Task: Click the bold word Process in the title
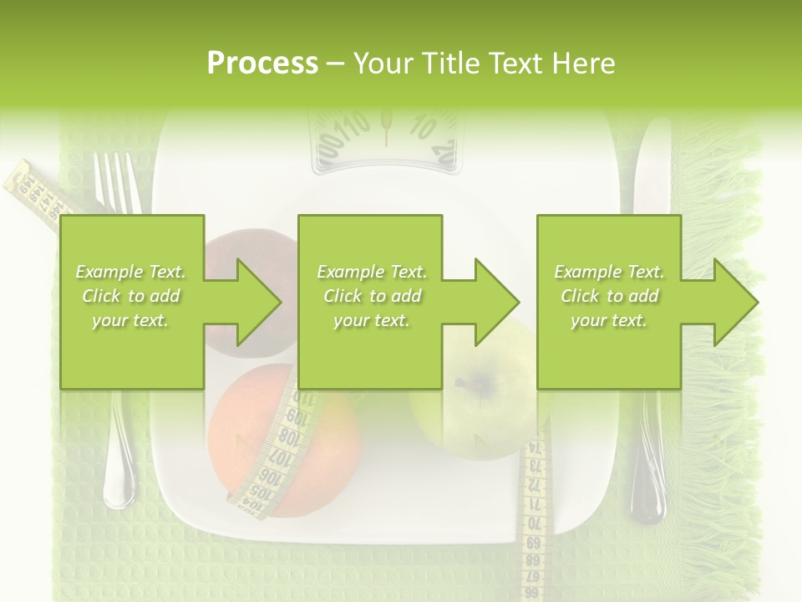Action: tap(262, 64)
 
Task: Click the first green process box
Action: tap(132, 302)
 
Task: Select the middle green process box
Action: tap(370, 302)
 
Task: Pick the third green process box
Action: tap(608, 302)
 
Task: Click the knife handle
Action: tap(648, 468)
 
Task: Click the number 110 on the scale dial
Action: tap(352, 127)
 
